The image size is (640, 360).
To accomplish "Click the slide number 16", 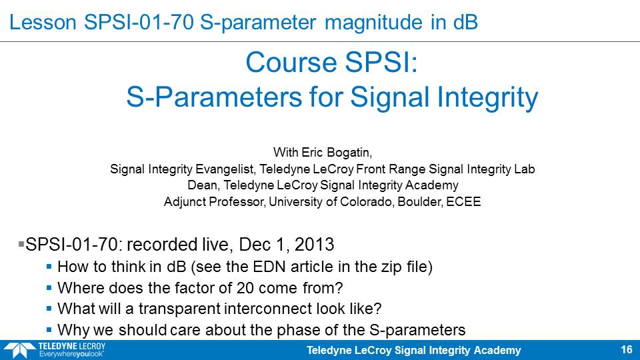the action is point(627,350).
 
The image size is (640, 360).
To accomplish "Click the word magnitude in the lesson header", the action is point(373,22).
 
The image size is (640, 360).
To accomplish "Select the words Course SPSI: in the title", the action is point(332,63).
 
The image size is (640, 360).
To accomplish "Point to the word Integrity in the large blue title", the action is point(487,97).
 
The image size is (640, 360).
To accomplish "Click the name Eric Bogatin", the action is point(336,153).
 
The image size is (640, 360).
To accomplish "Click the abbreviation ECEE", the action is point(463,201).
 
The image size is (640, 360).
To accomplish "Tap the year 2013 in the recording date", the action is point(314,245).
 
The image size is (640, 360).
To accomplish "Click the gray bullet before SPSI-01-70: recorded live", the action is point(21,244).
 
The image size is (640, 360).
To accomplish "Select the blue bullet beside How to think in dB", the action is point(49,267).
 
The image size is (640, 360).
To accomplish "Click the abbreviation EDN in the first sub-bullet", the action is point(269,267).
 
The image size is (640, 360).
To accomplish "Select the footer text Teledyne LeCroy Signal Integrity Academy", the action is point(413,350).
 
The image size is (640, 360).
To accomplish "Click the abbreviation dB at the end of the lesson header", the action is point(465,22).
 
